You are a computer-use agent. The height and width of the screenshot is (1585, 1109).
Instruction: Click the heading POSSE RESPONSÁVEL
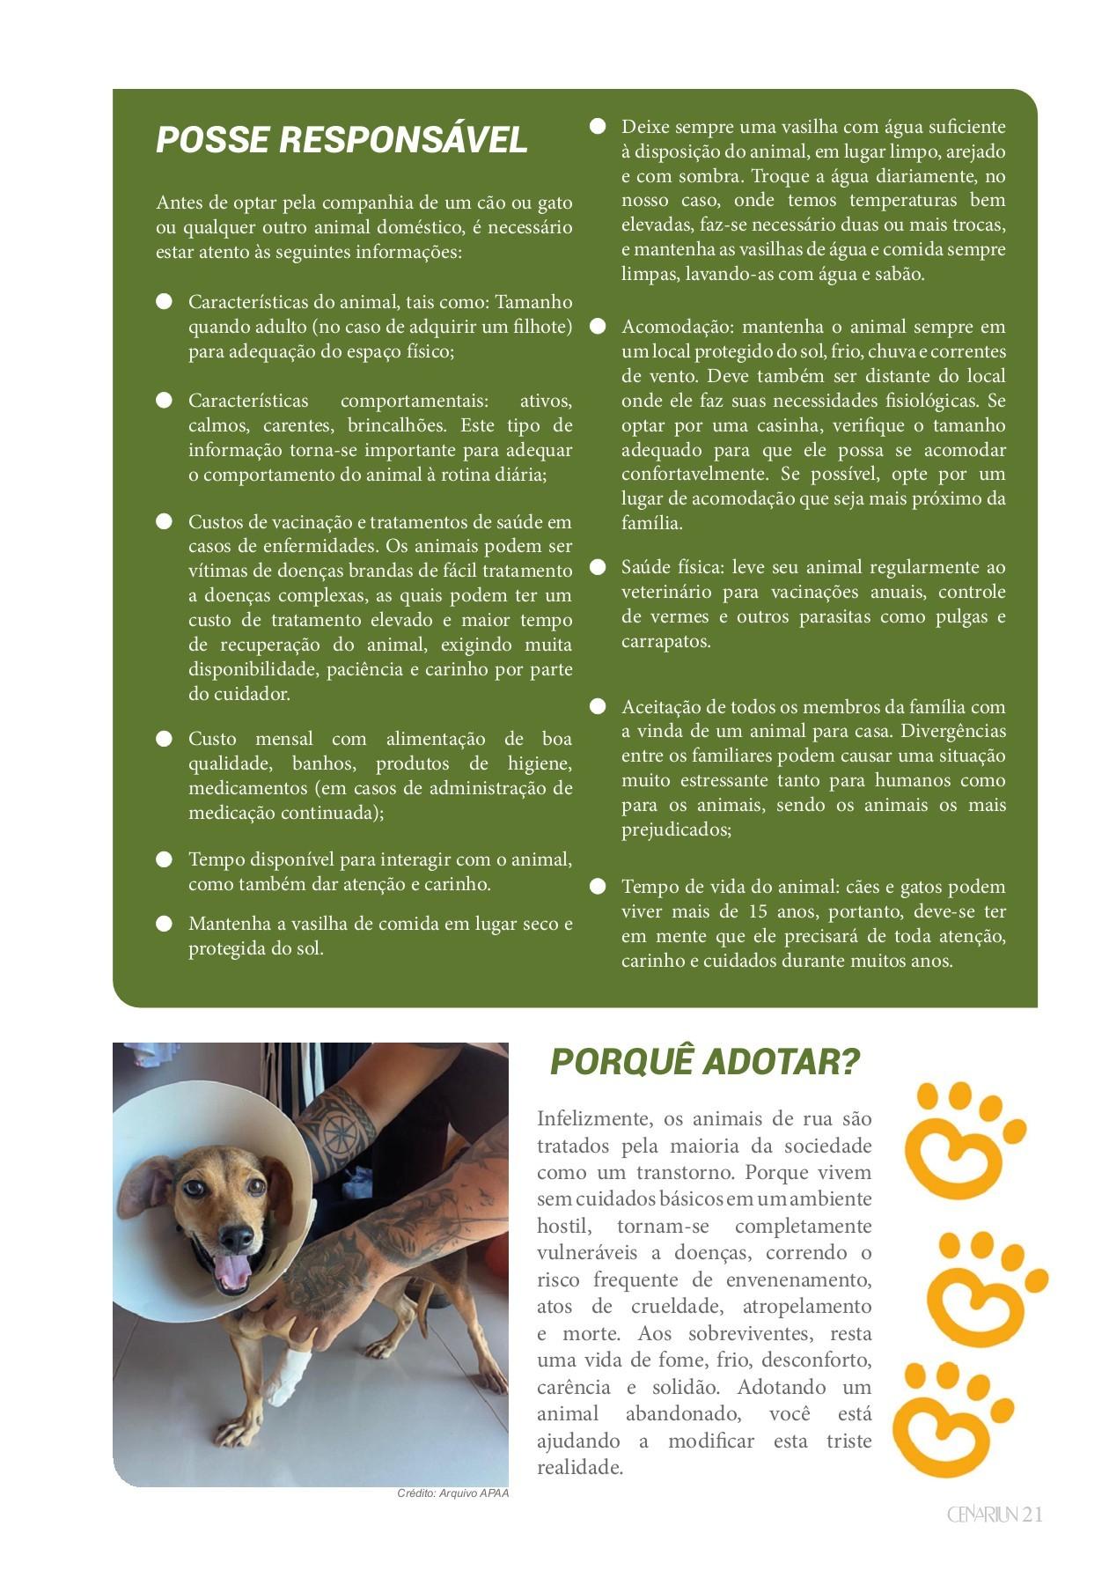coord(342,140)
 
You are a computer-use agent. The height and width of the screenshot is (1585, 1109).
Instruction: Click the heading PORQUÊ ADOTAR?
coord(704,1062)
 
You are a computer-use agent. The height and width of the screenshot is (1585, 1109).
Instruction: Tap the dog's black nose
coord(237,1239)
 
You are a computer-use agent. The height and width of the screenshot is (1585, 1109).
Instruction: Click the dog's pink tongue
coord(234,1271)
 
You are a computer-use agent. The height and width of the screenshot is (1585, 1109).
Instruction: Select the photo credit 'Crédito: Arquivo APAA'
coord(452,1493)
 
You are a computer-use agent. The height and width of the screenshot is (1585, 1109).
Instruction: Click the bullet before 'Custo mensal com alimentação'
coord(164,739)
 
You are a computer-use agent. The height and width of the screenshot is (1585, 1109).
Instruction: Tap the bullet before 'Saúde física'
coord(598,567)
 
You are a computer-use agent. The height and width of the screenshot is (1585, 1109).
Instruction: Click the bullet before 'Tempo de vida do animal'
coord(598,886)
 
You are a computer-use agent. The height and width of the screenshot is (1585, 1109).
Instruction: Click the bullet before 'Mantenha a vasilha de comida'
coord(164,924)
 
